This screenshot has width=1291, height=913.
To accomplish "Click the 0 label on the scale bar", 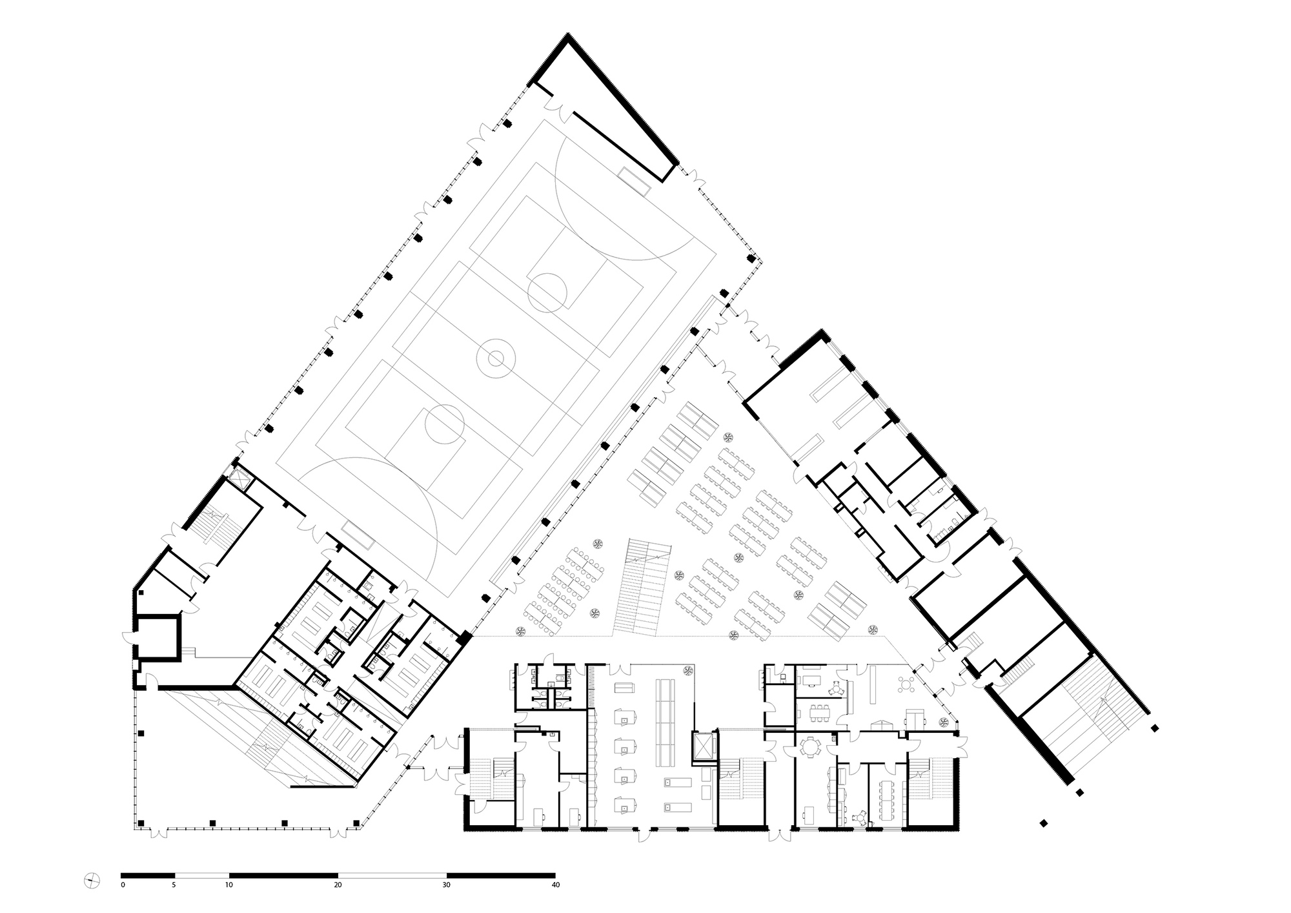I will (x=123, y=885).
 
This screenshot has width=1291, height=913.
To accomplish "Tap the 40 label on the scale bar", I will (x=555, y=885).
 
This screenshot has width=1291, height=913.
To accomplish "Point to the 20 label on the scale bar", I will (x=338, y=885).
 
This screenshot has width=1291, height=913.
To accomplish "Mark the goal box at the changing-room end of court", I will (x=357, y=535).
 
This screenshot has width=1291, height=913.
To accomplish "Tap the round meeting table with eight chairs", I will (x=808, y=748).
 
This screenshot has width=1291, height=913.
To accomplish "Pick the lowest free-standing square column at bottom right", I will (x=1043, y=823).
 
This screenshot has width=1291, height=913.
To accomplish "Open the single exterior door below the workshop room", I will (x=641, y=835).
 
